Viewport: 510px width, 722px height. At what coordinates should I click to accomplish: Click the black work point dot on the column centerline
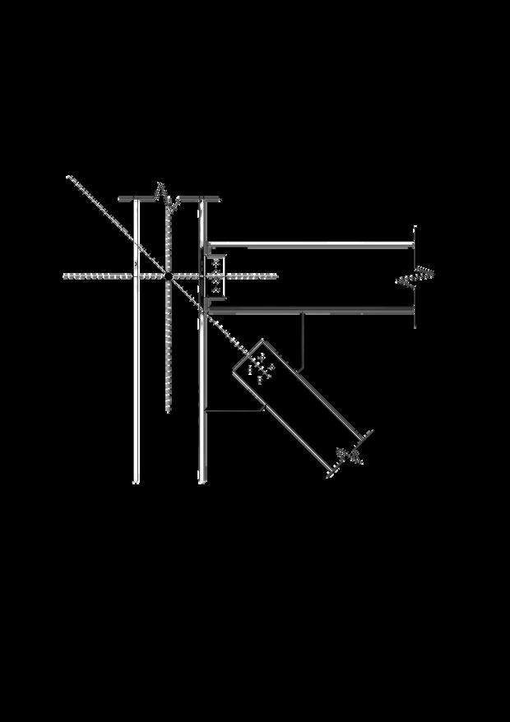(x=168, y=276)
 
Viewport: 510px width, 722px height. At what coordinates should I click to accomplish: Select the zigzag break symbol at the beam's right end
(x=415, y=278)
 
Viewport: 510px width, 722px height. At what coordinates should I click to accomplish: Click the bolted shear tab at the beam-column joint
(x=216, y=276)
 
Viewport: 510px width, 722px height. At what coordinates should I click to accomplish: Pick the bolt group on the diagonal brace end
(x=260, y=368)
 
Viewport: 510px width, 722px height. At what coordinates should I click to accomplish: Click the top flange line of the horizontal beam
(x=313, y=244)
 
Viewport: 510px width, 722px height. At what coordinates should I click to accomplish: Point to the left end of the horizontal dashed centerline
(x=66, y=276)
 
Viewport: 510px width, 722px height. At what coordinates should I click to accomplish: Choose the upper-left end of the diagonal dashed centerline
(x=70, y=178)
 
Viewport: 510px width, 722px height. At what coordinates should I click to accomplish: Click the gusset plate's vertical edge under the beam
(x=304, y=337)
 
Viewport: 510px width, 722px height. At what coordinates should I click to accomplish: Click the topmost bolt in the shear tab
(x=216, y=263)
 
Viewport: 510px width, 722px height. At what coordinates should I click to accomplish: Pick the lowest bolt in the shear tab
(x=216, y=289)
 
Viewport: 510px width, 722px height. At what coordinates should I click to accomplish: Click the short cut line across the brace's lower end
(x=350, y=452)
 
